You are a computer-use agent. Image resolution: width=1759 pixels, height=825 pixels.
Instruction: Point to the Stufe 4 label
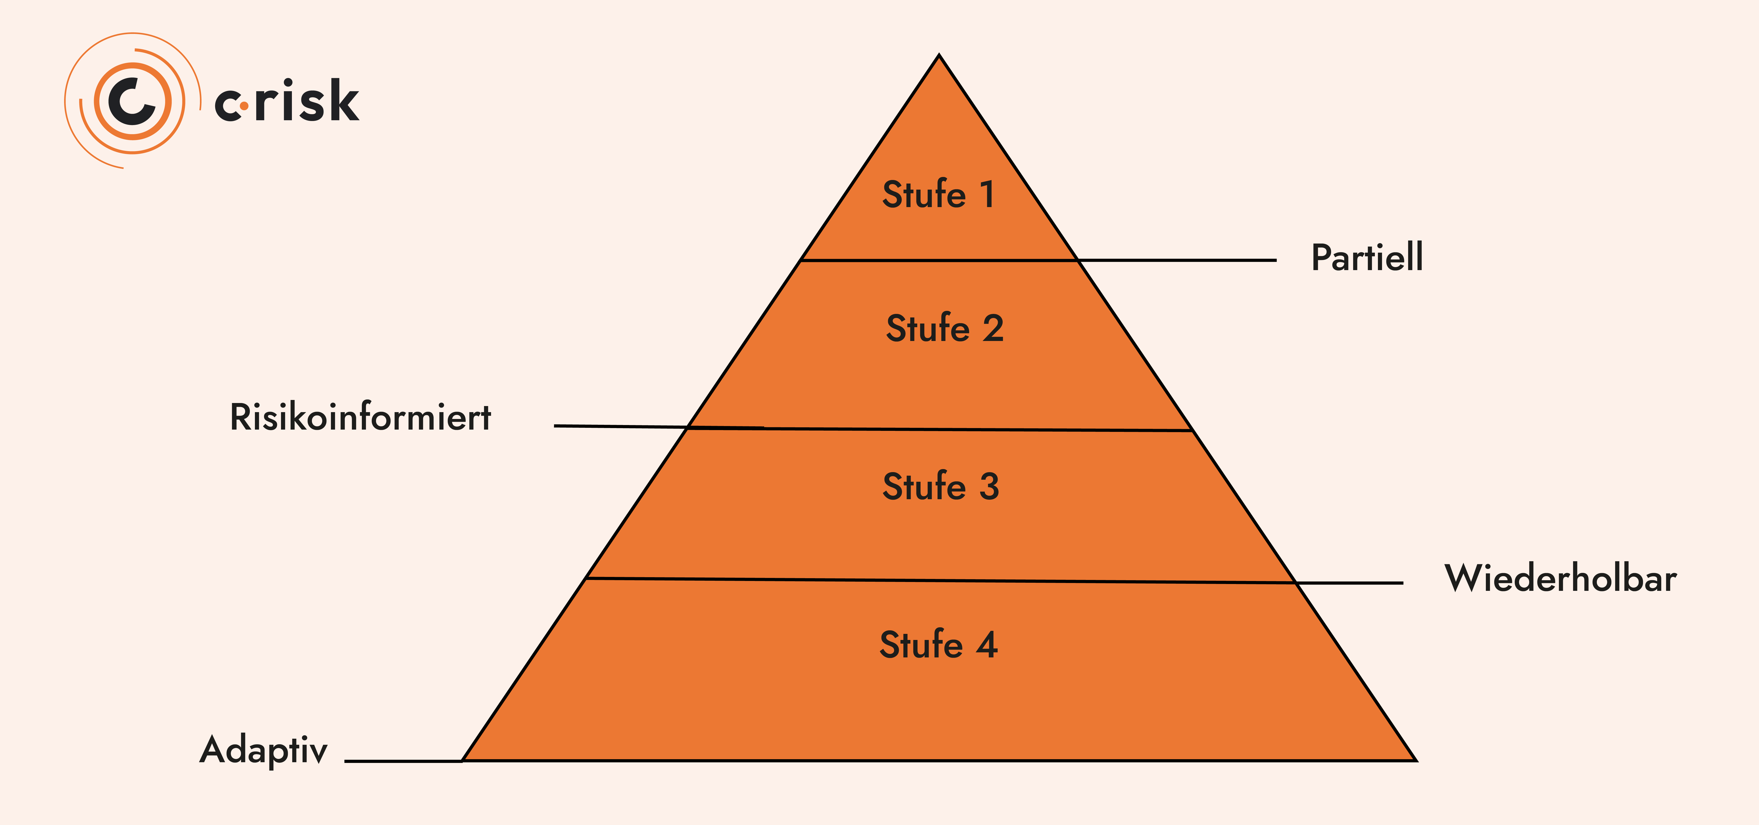coord(938,645)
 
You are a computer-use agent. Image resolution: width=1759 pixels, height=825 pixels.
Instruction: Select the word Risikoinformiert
coord(360,417)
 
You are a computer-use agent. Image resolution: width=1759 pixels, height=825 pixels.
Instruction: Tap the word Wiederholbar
coord(1560,579)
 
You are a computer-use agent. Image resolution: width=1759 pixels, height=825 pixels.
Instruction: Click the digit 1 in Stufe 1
coord(987,194)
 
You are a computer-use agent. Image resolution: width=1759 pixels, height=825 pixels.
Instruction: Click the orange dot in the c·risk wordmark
coord(244,106)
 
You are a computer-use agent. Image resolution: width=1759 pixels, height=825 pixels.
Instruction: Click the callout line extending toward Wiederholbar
coord(1349,583)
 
